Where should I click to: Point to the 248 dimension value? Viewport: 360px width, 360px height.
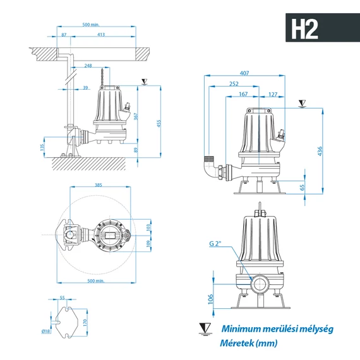coord(87,65)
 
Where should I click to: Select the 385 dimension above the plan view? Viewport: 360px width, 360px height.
coord(98,185)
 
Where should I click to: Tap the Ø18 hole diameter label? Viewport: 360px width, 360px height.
coord(46,330)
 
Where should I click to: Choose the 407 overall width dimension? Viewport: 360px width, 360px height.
coord(262,74)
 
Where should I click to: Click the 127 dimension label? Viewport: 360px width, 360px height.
coord(272,95)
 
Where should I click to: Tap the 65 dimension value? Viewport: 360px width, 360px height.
coord(302,187)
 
